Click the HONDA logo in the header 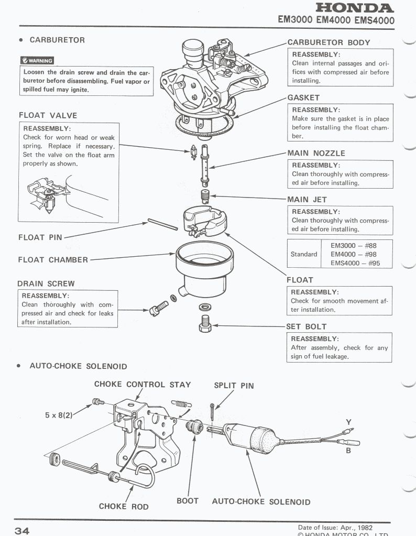pyautogui.click(x=355, y=8)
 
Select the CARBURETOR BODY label pyautogui.click(x=329, y=43)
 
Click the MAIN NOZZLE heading pyautogui.click(x=316, y=154)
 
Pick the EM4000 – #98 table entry pyautogui.click(x=355, y=254)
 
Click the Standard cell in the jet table pyautogui.click(x=304, y=254)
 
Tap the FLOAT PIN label pyautogui.click(x=40, y=237)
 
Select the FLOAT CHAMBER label pyautogui.click(x=53, y=260)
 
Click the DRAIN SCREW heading pyautogui.click(x=46, y=283)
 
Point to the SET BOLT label pyautogui.click(x=306, y=327)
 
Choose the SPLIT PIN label pyautogui.click(x=234, y=386)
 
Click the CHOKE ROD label pyautogui.click(x=124, y=506)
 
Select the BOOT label pyautogui.click(x=188, y=501)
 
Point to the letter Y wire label pyautogui.click(x=348, y=422)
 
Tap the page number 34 pyautogui.click(x=23, y=530)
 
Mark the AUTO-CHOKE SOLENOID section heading pyautogui.click(x=78, y=366)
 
